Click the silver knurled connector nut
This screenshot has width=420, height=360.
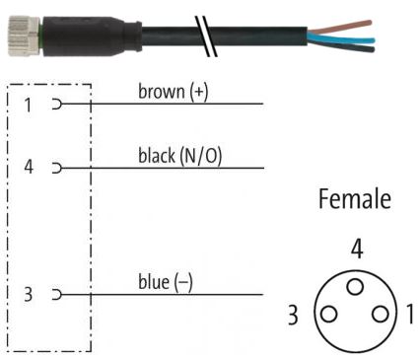point(24,36)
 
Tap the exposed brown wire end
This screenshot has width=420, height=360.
point(341,27)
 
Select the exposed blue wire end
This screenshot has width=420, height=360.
point(342,38)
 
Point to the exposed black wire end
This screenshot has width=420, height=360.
point(342,46)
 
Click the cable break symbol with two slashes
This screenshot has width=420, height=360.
point(206,36)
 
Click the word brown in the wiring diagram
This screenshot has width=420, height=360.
point(162,92)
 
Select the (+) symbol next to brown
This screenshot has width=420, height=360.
point(199,92)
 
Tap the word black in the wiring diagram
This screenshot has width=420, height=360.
point(157,156)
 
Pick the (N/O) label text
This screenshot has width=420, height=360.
point(201,156)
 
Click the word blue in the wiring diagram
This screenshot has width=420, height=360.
point(154,282)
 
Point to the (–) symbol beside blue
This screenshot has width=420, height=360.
point(183,282)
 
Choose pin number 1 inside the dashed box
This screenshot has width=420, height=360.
point(29,106)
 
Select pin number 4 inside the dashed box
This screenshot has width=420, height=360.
point(29,167)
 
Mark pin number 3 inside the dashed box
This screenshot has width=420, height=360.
point(29,294)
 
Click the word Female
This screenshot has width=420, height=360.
point(355,198)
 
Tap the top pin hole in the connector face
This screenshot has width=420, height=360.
point(355,286)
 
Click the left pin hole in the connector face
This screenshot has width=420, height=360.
point(328,314)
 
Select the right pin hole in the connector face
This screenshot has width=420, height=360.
point(381,314)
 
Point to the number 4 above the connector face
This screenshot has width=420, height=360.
point(357,249)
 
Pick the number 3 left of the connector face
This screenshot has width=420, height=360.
point(293,315)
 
